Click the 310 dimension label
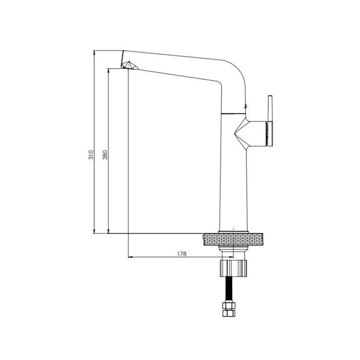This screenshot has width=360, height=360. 91,155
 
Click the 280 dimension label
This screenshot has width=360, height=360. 105,155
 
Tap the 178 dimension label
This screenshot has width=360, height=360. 182,253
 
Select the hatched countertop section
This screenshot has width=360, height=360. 233,239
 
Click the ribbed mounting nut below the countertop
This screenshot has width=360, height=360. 233,268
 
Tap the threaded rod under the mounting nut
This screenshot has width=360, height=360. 229,289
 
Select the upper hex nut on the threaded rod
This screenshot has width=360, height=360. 229,306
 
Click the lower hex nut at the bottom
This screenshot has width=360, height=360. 229,313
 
